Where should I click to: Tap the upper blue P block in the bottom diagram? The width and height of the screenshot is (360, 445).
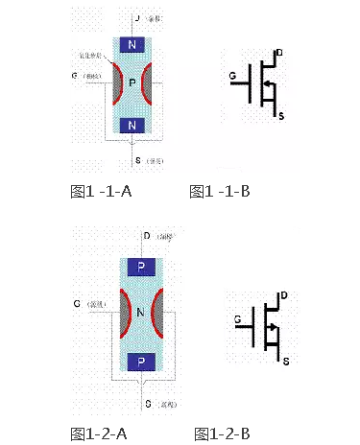142,269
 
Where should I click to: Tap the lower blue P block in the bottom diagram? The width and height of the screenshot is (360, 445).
142,362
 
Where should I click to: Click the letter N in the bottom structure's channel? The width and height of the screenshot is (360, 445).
142,313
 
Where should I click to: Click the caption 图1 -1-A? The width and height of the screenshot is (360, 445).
102,192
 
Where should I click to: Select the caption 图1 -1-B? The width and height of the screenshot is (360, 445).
221,192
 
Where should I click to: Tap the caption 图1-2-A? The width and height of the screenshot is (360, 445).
100,433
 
